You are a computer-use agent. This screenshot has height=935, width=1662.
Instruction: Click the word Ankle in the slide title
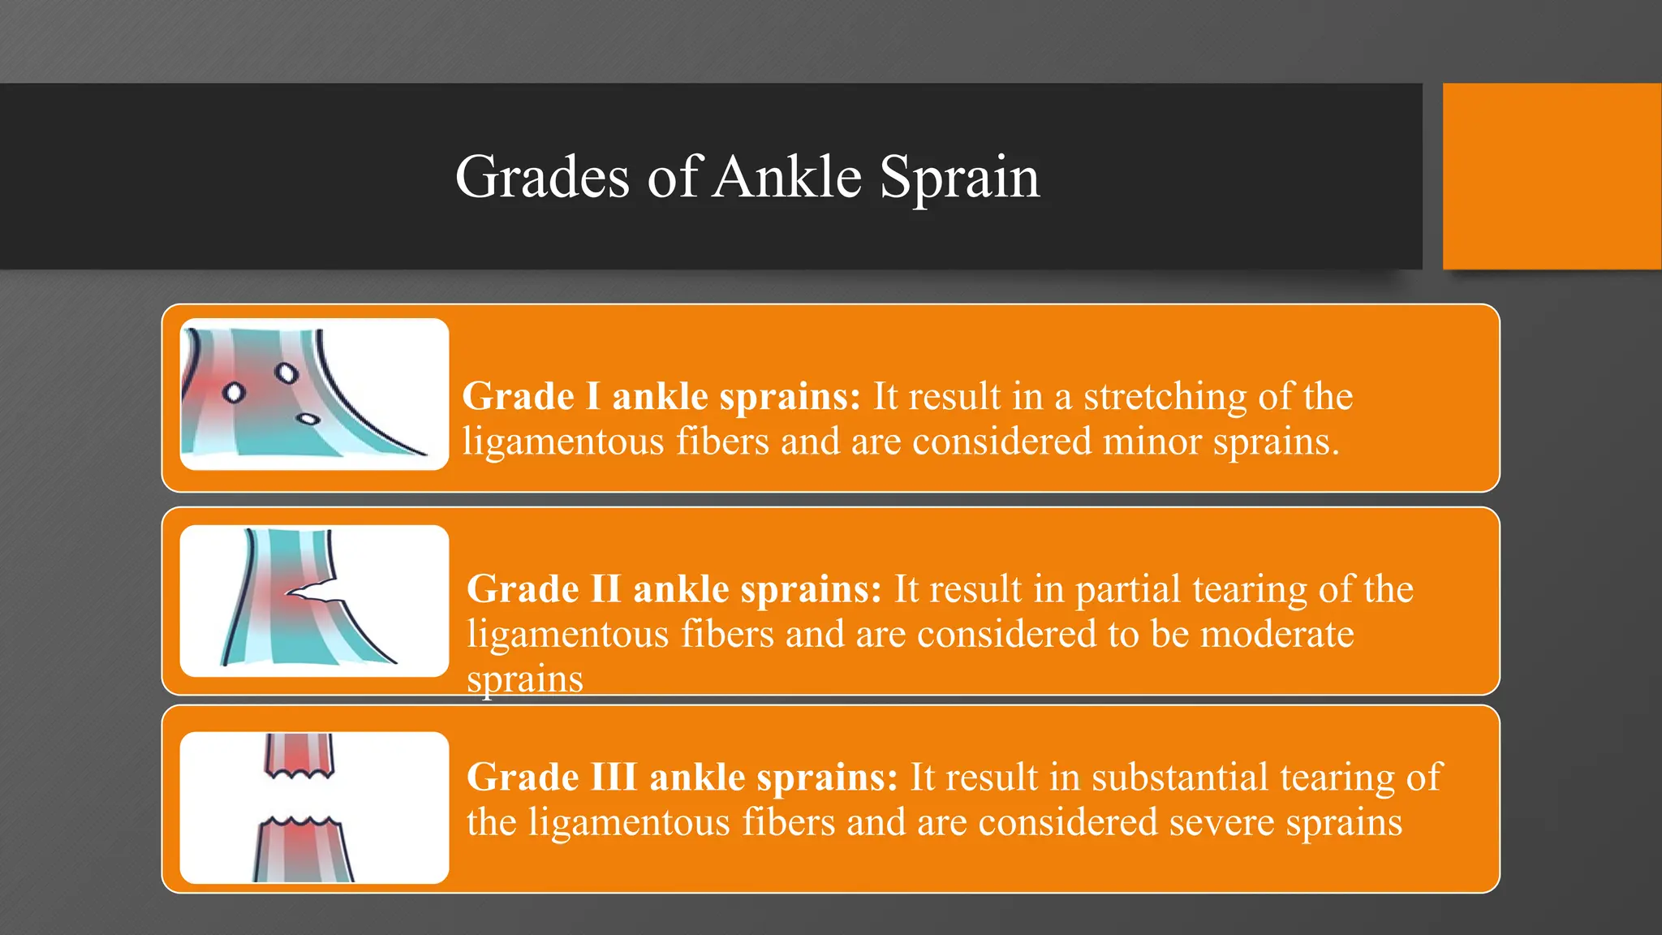point(787,177)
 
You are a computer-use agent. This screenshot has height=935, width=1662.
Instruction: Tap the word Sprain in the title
point(959,177)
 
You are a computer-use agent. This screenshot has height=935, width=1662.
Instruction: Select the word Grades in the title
point(542,177)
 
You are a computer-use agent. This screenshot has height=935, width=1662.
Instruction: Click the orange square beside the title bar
point(1551,176)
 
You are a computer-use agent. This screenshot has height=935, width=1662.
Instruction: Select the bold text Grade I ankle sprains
point(661,397)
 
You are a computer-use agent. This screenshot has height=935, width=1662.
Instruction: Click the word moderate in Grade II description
point(1277,634)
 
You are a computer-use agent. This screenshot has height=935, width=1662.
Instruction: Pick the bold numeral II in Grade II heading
point(605,589)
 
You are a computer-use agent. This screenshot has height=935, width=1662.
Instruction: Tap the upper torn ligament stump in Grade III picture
point(299,755)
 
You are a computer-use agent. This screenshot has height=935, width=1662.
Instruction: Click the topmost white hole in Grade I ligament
point(286,373)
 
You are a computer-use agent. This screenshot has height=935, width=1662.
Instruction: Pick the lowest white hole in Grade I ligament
point(308,420)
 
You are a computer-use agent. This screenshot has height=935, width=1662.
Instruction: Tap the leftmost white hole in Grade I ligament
point(234,393)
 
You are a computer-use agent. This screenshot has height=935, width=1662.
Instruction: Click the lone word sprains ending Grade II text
point(524,679)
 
